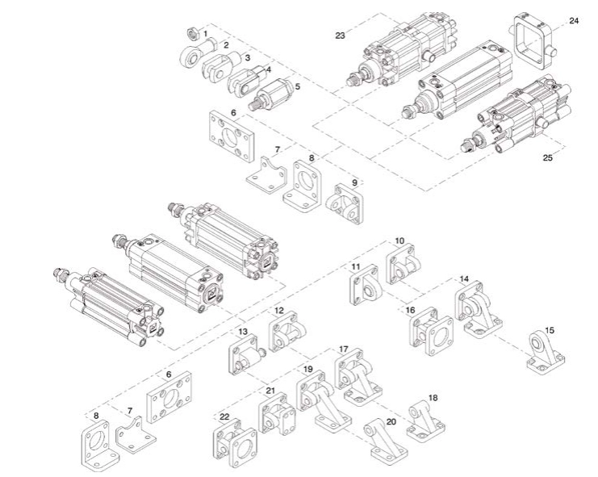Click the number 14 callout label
point(463,279)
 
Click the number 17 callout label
point(344,350)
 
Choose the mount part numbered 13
point(244,354)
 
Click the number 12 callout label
point(278,311)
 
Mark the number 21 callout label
point(270,391)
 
